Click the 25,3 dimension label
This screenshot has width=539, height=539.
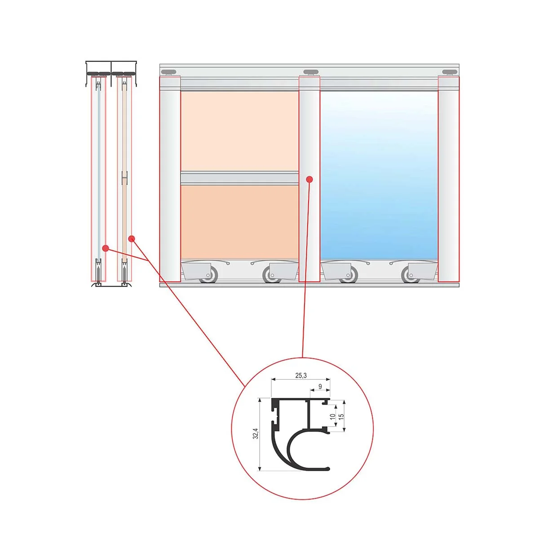point(300,376)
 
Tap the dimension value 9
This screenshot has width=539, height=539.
point(320,387)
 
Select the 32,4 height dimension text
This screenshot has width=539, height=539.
point(256,433)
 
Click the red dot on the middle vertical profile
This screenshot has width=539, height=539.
point(309,179)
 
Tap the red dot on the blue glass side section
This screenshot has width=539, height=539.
point(106,248)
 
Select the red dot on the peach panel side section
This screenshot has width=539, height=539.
point(132,239)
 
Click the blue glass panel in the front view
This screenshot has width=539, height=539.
point(379,175)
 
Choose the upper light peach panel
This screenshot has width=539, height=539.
point(240,131)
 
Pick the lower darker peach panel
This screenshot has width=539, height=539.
point(240,222)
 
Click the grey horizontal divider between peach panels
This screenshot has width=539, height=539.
point(240,178)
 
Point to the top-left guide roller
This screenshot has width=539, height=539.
point(169,72)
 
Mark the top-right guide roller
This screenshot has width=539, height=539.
point(450,72)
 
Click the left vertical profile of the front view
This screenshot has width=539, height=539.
point(170,179)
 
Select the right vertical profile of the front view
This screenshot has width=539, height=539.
point(449,179)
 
